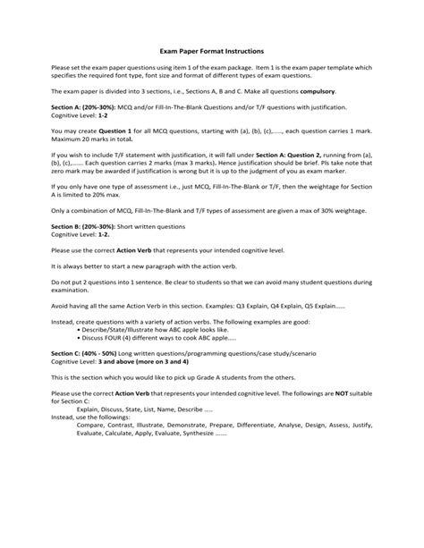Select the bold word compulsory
(336, 116)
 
